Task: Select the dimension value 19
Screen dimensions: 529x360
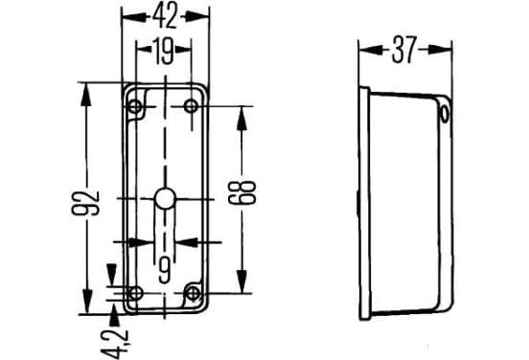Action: pyautogui.click(x=163, y=52)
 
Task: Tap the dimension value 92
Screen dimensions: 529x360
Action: pyautogui.click(x=85, y=203)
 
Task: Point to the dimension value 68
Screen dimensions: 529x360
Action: pyautogui.click(x=241, y=192)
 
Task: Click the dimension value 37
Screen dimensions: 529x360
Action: pyautogui.click(x=404, y=50)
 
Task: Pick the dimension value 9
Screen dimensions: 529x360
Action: pyautogui.click(x=165, y=270)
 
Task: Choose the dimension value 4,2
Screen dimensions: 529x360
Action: pyautogui.click(x=115, y=344)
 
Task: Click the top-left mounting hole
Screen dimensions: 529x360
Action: pyautogui.click(x=135, y=107)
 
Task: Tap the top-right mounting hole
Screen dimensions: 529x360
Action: pyautogui.click(x=191, y=106)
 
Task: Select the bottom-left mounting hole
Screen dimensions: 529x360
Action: pyautogui.click(x=136, y=293)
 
